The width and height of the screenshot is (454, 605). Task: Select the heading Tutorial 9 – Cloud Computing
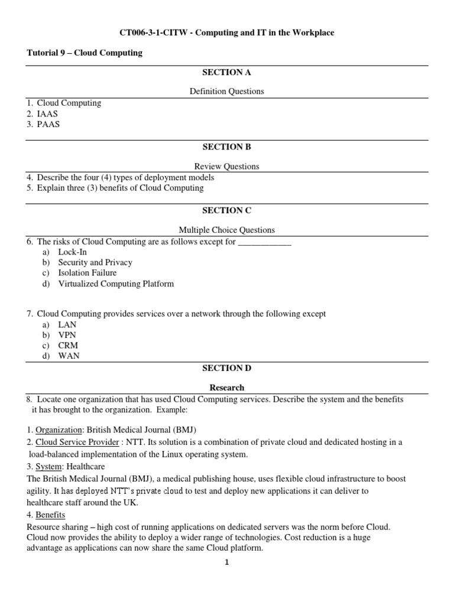(85, 53)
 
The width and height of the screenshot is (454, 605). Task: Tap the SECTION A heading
(226, 73)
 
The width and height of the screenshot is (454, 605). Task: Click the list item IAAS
(48, 114)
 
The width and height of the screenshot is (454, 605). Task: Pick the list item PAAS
(48, 125)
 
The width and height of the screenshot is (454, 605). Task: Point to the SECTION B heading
(226, 147)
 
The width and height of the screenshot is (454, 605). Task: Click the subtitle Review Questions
(226, 167)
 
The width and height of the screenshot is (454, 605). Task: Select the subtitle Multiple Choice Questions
(226, 230)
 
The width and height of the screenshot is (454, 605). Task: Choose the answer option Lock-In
(72, 252)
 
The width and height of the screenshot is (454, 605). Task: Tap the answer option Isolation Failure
(87, 273)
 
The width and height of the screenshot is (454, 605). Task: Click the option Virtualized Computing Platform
(116, 284)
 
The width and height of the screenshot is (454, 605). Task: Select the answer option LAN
(67, 324)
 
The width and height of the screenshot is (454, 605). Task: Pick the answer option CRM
(67, 346)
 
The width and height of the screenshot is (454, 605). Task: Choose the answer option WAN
(69, 356)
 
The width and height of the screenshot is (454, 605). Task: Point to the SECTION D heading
(226, 368)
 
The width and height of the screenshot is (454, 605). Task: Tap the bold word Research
(227, 388)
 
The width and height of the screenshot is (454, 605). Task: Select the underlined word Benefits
(50, 515)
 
